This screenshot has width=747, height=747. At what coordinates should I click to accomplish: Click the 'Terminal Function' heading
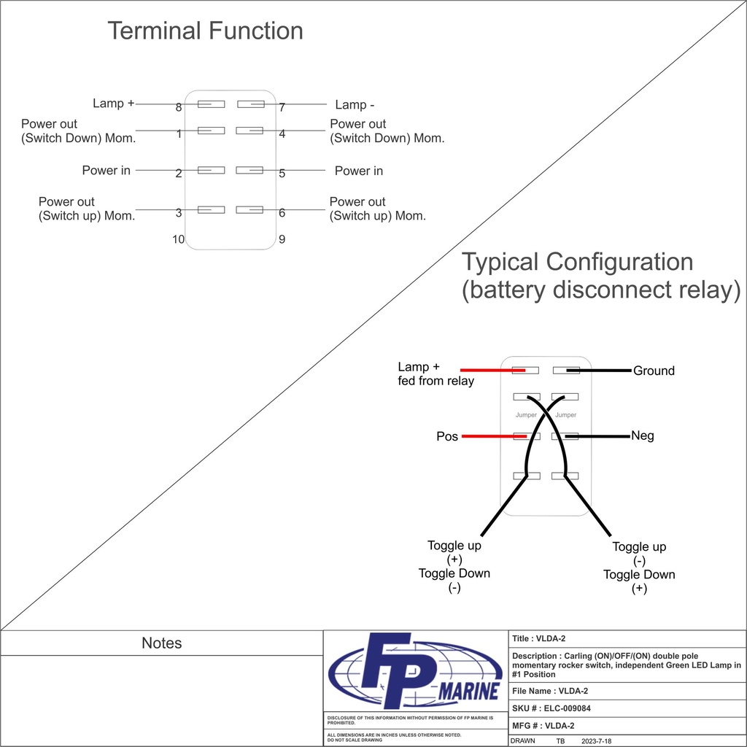pos(205,31)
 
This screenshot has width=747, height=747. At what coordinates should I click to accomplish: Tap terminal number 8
pos(179,108)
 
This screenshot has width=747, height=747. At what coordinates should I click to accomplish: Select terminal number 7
pos(282,108)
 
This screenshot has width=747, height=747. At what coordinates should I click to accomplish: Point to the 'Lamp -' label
pos(349,105)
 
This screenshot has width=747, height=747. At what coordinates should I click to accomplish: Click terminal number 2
pos(179,174)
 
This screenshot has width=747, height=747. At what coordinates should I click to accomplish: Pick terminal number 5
pos(282,174)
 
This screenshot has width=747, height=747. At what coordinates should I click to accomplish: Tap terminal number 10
pos(178,239)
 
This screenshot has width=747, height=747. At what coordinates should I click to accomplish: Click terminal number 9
pos(282,239)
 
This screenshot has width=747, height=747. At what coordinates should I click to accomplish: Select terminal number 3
pos(179,213)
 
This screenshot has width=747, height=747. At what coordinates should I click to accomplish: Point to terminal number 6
pos(282,213)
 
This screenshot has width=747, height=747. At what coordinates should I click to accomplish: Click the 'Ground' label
pos(654,371)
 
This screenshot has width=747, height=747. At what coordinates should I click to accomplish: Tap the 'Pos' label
pos(447,436)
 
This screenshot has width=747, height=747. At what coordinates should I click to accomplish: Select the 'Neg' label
pos(642,436)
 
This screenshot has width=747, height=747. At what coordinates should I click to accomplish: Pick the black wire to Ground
pos(598,371)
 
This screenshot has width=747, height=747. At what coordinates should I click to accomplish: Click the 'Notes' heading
pos(161,643)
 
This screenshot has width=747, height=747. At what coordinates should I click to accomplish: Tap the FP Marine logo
pos(415,671)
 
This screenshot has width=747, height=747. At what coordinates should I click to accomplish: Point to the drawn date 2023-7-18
pos(596,740)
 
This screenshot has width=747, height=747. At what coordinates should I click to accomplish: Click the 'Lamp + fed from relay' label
pos(436,373)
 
